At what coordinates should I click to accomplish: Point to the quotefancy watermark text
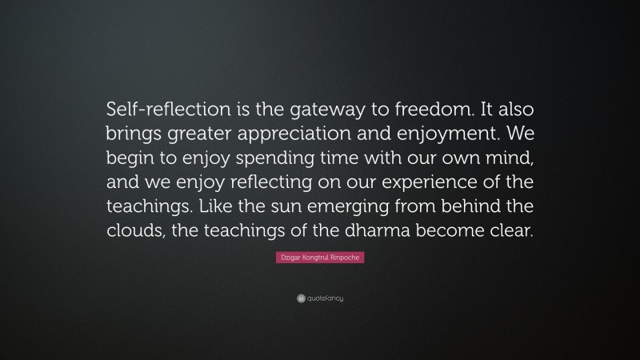pyautogui.click(x=326, y=298)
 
